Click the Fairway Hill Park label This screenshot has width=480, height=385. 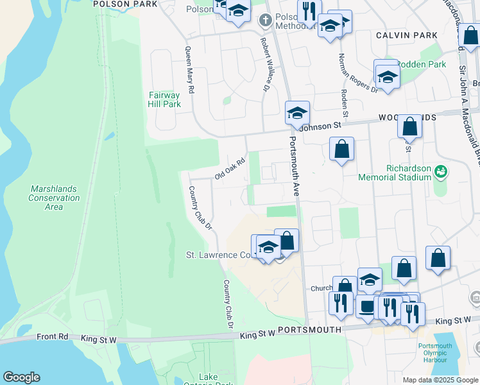coord(164,99)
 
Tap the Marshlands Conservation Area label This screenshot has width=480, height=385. coord(54,198)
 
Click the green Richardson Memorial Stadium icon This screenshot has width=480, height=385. coord(440,171)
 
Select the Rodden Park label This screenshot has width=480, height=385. coord(422,65)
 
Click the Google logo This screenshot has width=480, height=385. coord(21,377)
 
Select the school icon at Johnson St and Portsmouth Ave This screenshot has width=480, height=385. coord(297,114)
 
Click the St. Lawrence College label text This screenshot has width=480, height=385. coord(219,255)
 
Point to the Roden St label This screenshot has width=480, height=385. coord(345,102)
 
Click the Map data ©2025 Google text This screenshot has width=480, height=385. coord(440,380)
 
